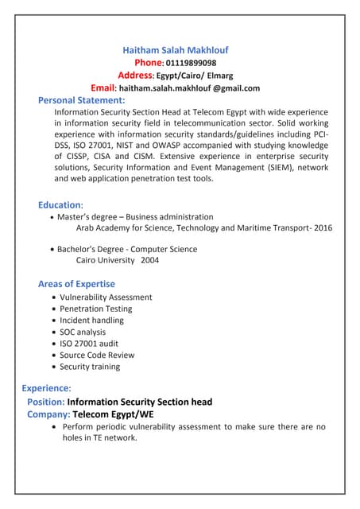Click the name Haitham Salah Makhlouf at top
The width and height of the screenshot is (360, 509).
(175, 49)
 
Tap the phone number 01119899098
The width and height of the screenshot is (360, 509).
(190, 63)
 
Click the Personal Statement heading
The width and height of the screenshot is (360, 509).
(81, 100)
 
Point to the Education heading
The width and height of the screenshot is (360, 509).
(60, 204)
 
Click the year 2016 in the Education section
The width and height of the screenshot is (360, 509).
(323, 227)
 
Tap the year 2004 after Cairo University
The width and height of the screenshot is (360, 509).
(149, 260)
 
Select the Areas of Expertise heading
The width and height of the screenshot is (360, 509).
(76, 284)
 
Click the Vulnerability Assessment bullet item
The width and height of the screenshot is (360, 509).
(106, 297)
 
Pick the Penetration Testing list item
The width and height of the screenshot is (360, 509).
(95, 309)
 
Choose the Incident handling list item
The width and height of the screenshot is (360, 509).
(91, 320)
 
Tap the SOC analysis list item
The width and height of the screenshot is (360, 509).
(83, 332)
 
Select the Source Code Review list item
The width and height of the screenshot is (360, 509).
(97, 355)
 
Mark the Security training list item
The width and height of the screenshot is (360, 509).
(90, 367)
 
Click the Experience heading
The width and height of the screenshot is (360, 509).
(46, 388)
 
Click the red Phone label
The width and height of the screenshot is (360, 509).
(149, 62)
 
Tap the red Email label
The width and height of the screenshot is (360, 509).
(103, 87)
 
